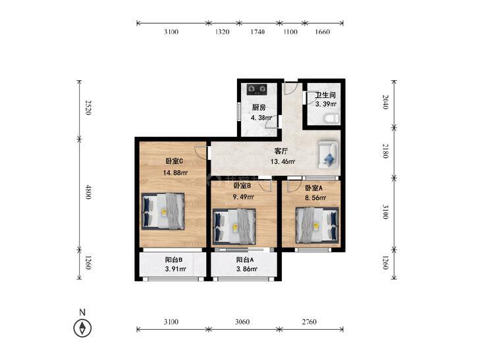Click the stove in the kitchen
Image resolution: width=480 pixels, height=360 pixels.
coord(257,89)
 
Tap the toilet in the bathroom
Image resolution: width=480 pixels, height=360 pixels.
coord(332,118)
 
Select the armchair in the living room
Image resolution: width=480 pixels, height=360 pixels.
coord(328,155)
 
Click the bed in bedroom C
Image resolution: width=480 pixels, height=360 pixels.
coord(163,211)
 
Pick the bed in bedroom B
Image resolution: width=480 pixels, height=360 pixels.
coord(234,226)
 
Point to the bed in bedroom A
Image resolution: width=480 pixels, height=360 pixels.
coord(317,226)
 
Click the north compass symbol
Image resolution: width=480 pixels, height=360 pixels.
coord(82,328)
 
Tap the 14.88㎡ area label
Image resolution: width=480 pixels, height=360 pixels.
coord(175,172)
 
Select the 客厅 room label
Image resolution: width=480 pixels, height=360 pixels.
coord(281,151)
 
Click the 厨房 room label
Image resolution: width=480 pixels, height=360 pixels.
coord(259,107)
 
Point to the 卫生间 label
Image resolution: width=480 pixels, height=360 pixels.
coord(325,95)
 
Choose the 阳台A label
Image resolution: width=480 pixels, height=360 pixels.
coord(245,260)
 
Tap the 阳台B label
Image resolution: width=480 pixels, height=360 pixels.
coord(174,260)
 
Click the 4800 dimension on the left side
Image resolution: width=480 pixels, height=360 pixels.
coord(88,192)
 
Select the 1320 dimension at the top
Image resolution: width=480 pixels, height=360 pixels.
coord(223,32)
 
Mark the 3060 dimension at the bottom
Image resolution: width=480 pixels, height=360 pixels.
coord(242,322)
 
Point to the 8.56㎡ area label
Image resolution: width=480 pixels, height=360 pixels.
coord(315,197)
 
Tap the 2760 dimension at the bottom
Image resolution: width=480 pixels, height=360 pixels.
coord(309,322)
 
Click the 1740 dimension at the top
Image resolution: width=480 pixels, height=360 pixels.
coord(257,32)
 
